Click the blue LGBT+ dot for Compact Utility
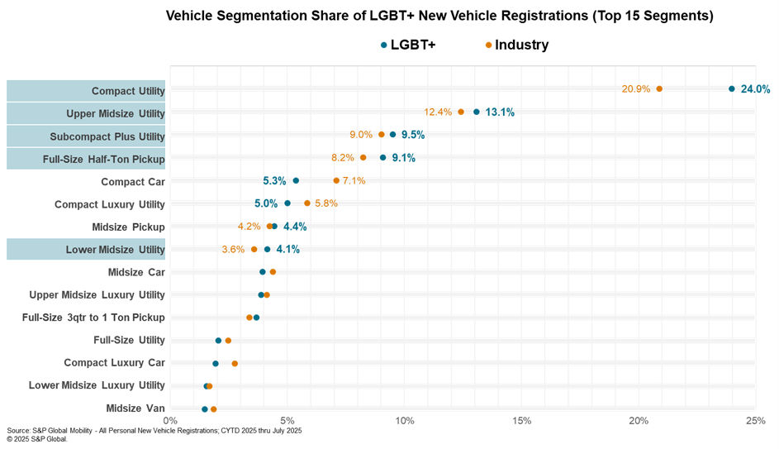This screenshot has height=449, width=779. [732, 88]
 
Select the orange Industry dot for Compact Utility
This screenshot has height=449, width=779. [659, 88]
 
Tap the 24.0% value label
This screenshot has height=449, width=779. [755, 89]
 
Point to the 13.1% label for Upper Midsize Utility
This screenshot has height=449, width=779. [499, 112]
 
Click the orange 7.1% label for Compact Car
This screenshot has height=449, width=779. [354, 180]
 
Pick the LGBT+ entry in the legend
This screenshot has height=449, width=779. [407, 45]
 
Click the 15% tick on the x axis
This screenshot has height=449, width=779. [521, 421]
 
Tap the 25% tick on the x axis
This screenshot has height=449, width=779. [755, 421]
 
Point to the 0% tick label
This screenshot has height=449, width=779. [170, 421]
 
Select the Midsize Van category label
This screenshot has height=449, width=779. [135, 408]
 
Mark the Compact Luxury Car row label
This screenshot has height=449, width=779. [115, 363]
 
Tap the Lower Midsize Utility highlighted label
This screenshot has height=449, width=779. [115, 250]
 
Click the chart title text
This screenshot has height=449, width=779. [439, 16]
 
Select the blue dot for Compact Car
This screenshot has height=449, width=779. [296, 180]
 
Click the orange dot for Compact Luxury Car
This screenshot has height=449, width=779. [235, 363]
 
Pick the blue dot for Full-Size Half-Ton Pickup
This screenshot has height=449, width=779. [382, 157]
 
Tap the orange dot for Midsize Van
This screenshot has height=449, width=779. [213, 408]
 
